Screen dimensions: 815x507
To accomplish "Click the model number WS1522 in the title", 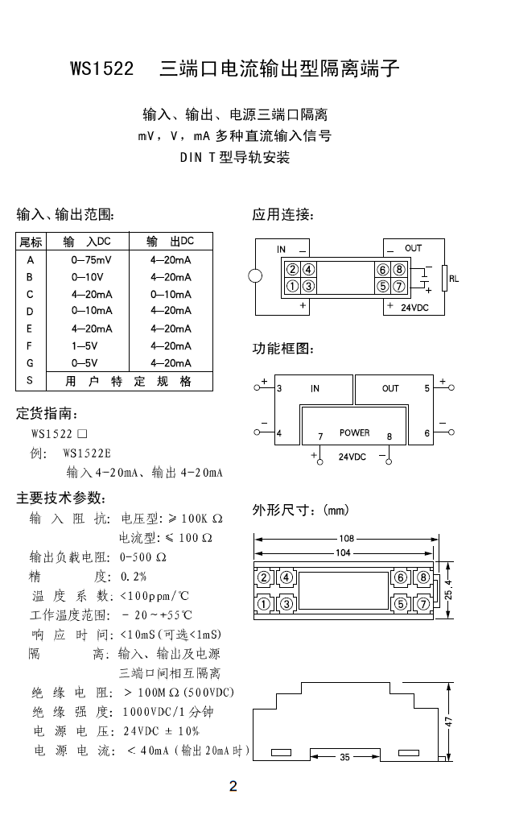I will click(x=101, y=69).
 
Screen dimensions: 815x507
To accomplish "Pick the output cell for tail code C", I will click(x=171, y=294).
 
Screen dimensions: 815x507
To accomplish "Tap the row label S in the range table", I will click(x=30, y=381).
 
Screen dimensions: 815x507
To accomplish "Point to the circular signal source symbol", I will click(x=256, y=276).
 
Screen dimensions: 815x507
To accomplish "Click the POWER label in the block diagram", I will click(x=354, y=432).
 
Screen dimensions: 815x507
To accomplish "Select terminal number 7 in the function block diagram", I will click(x=320, y=436).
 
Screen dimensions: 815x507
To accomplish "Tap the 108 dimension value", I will click(x=346, y=538).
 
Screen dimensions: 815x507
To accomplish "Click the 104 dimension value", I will click(x=344, y=552).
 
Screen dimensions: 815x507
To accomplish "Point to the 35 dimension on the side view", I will click(x=344, y=758).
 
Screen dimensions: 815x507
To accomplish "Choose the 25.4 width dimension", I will click(x=448, y=589).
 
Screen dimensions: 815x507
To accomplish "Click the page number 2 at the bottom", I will click(x=233, y=787).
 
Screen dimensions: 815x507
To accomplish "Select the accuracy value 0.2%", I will click(x=134, y=577).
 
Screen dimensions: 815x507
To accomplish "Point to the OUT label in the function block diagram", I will click(x=390, y=388).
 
